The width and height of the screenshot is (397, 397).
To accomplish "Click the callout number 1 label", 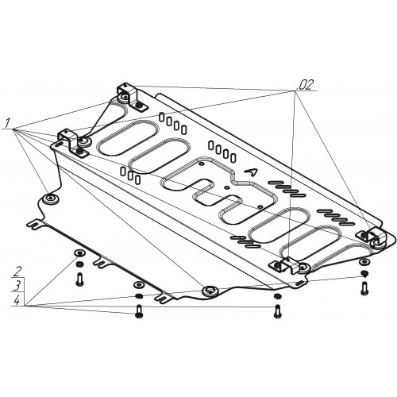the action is [7, 123].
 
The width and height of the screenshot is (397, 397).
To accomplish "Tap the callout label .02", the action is [306, 84].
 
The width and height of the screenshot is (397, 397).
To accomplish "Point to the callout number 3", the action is [17, 286].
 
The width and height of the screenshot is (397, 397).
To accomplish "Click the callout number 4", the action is [17, 300].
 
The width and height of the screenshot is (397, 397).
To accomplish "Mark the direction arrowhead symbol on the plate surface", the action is [251, 172].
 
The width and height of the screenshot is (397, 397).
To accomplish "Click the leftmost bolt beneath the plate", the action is [79, 279].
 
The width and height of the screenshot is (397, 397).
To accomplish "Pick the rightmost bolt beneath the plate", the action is [364, 288].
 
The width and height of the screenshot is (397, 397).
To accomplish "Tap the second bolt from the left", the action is [138, 311].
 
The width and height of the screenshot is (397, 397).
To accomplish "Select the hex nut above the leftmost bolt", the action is [79, 264].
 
